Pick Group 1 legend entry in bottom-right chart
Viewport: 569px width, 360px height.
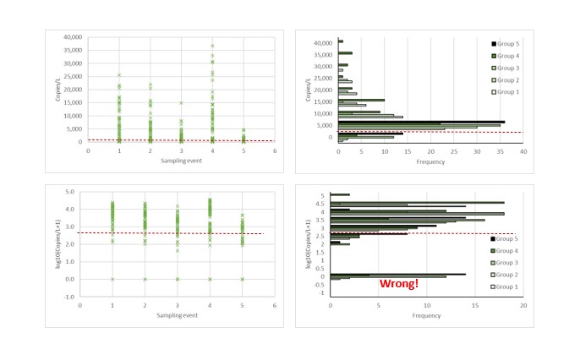tap(507, 286)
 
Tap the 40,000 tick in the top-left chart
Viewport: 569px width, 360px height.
tap(71, 37)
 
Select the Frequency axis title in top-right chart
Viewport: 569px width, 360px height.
tap(431, 160)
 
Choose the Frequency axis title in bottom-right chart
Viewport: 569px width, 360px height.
tap(427, 316)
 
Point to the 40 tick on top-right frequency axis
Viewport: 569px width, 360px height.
tap(523, 151)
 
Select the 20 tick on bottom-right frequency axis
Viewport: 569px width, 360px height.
tap(523, 307)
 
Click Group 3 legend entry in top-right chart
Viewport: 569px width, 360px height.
tap(507, 67)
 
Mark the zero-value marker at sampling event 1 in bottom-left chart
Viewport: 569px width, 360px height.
tap(112, 279)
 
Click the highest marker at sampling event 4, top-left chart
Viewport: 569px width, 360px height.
tap(212, 46)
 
